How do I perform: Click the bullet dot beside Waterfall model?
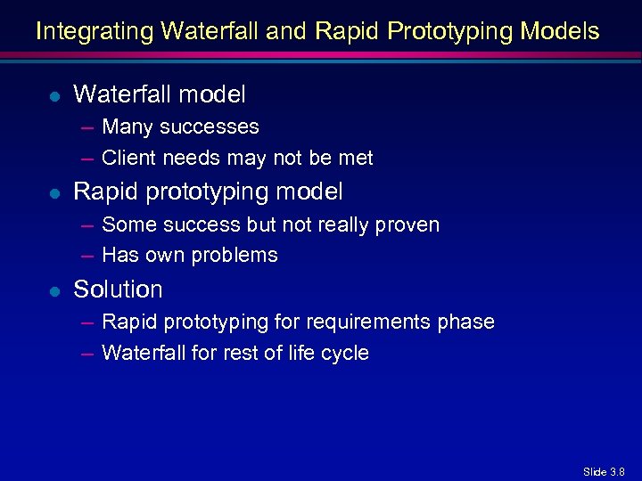pos(55,94)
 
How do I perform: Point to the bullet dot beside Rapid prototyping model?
pos(55,192)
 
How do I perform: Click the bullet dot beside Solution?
pos(55,290)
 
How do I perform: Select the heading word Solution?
pos(118,289)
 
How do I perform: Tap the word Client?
pos(128,159)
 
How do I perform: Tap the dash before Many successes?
pos(87,127)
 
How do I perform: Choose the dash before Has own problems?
pos(87,256)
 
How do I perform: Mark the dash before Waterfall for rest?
pos(87,354)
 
